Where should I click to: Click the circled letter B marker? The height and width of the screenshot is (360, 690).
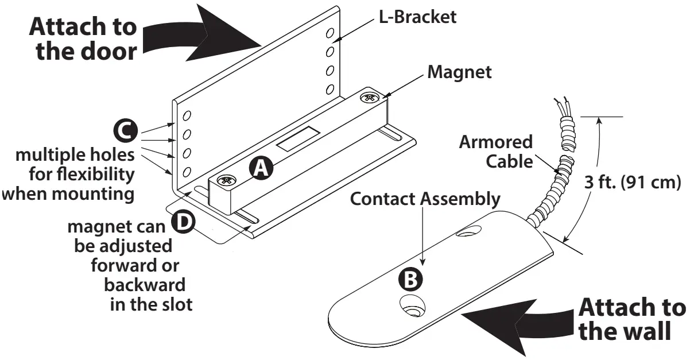click(x=410, y=280)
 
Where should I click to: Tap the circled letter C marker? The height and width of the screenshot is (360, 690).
click(x=123, y=131)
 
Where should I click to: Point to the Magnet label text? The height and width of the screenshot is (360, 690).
click(x=459, y=73)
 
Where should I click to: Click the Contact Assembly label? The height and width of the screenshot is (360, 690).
click(x=425, y=199)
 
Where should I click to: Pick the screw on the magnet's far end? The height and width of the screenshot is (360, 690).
click(x=369, y=99)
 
